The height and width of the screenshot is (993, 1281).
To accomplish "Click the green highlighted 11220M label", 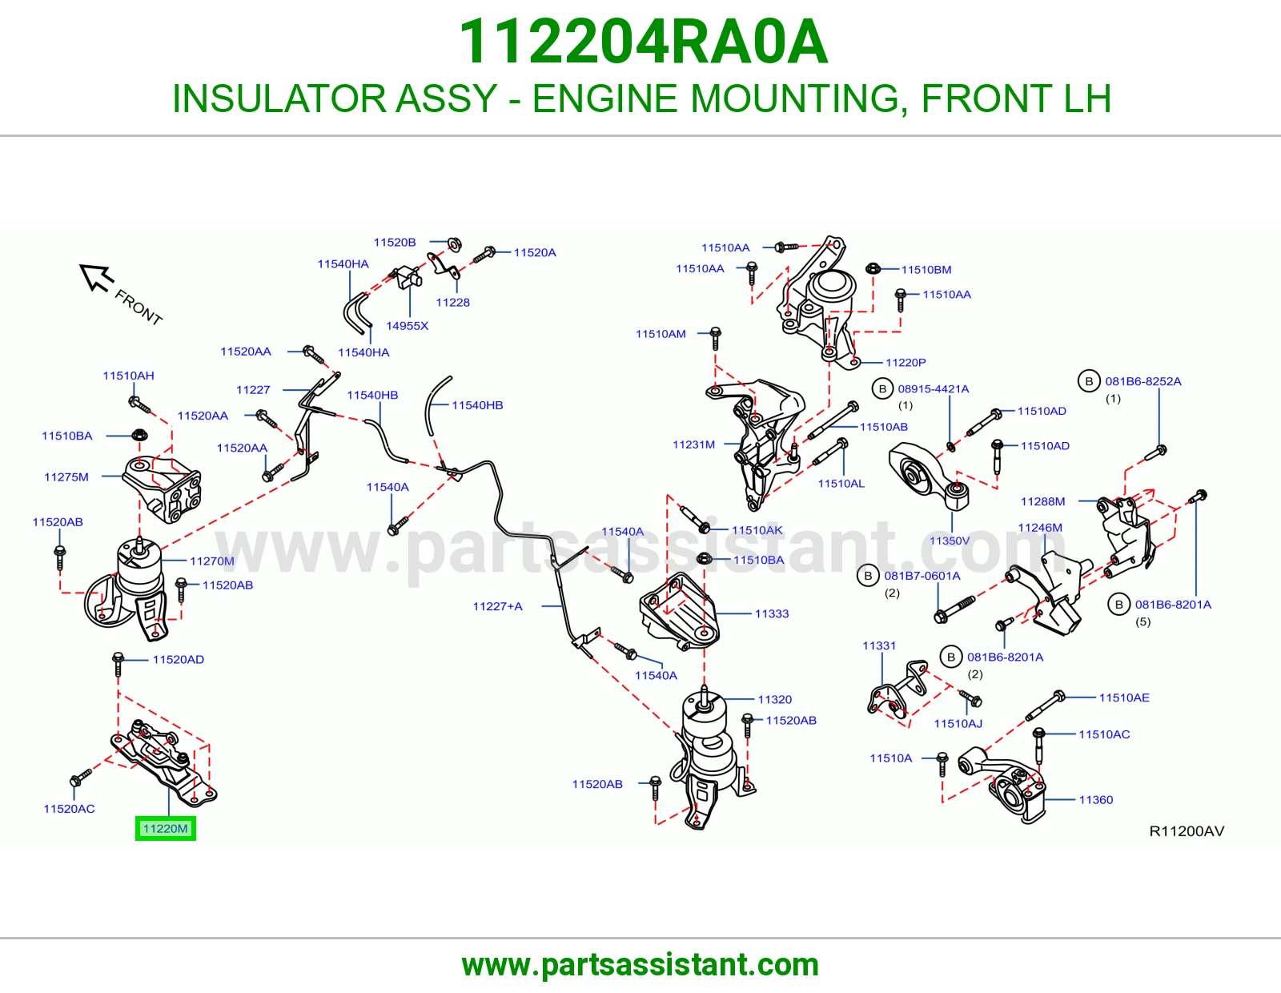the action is [x=166, y=829].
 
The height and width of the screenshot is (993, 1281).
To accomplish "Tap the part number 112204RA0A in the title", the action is [x=643, y=42].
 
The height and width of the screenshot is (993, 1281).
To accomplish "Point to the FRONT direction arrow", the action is [x=97, y=277].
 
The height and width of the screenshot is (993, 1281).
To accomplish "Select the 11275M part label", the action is [x=66, y=477].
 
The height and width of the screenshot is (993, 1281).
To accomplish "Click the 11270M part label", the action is [x=211, y=561].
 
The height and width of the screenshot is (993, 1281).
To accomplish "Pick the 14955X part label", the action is [x=407, y=325].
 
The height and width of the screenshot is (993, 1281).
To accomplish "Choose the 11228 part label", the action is [x=452, y=303].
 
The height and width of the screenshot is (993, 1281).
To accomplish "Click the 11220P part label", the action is [x=906, y=362].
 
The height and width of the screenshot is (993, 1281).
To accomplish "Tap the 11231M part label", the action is [x=694, y=444].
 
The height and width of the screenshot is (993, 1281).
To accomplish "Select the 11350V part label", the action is [x=950, y=541].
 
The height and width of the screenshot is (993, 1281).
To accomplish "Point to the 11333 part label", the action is [x=772, y=613].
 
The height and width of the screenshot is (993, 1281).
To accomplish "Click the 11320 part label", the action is [x=775, y=699].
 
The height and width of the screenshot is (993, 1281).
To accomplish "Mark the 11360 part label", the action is [x=1096, y=799].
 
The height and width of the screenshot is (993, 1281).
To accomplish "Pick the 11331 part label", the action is [x=879, y=645].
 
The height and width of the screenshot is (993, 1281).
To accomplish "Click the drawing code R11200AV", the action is [x=1187, y=831].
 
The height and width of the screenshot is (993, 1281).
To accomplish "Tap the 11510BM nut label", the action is [x=926, y=270].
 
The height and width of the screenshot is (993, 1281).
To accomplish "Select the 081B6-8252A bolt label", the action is [x=1143, y=381].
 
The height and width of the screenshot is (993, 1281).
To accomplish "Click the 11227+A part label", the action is [x=497, y=606].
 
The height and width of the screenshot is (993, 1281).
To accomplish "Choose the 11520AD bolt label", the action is [x=178, y=659].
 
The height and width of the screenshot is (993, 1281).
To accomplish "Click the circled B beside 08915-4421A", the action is [x=882, y=388].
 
